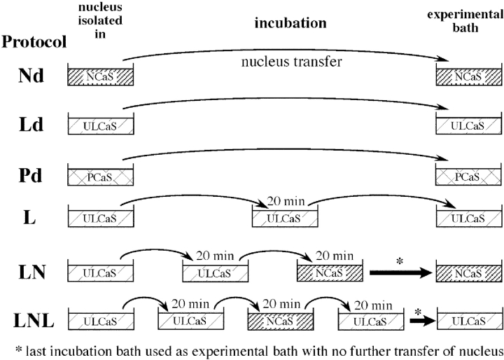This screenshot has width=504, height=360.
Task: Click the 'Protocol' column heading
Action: point(34,42)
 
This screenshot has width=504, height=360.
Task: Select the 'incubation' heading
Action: point(290,23)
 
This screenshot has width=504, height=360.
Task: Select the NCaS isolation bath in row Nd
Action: point(101,75)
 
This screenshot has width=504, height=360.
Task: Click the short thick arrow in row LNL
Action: point(419,321)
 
